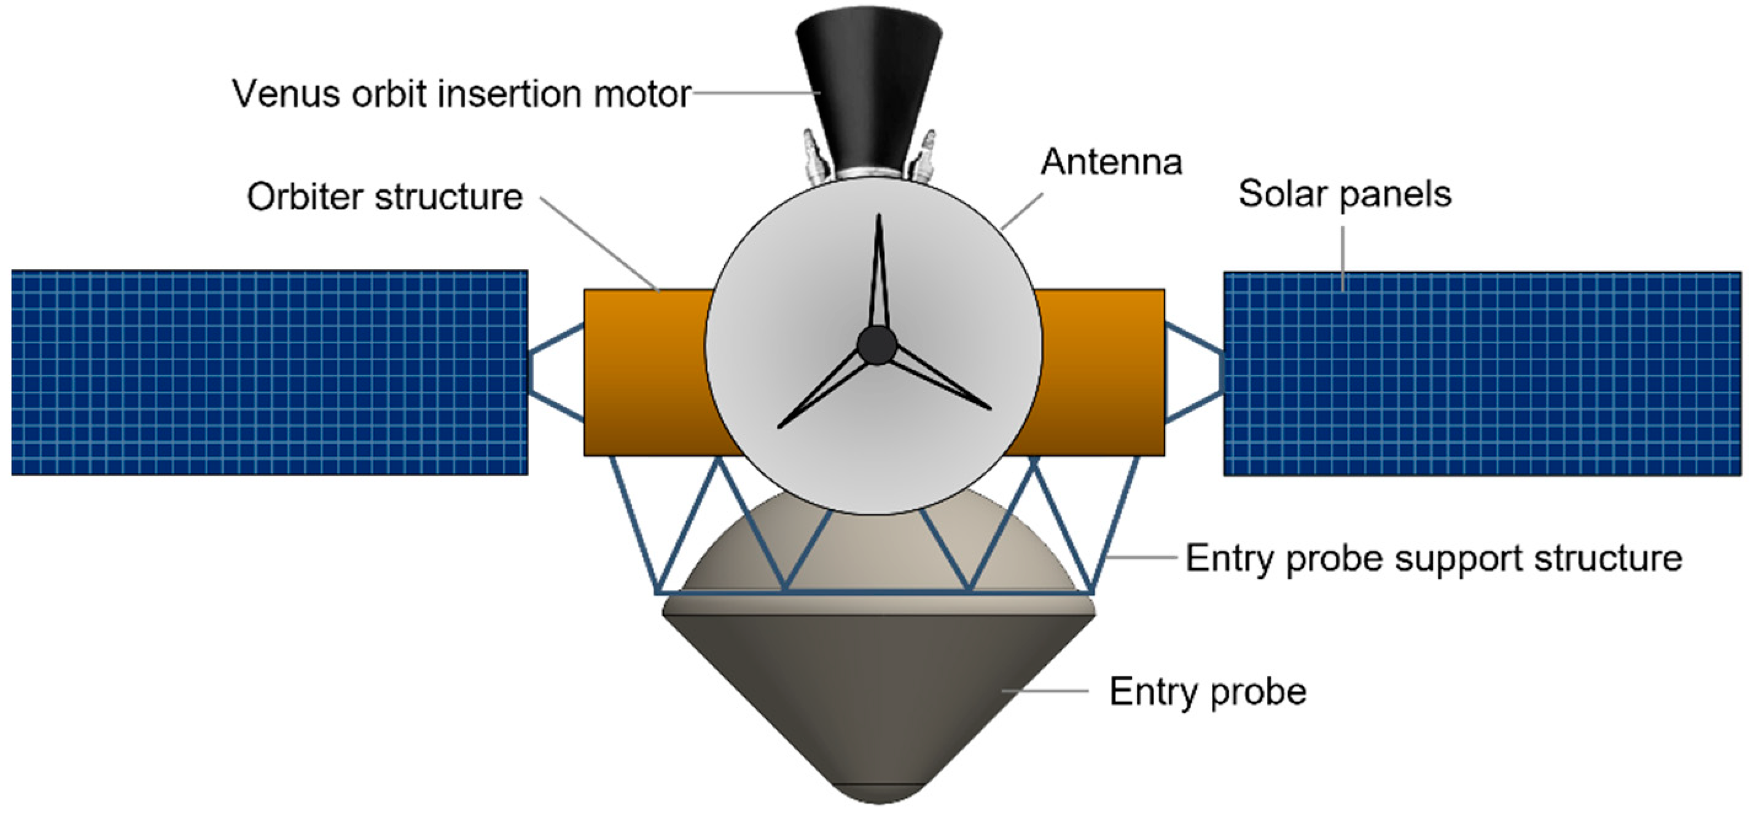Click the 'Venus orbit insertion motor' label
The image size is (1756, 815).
click(461, 93)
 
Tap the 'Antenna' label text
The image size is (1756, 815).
click(1111, 162)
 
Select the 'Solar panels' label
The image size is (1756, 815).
click(1344, 194)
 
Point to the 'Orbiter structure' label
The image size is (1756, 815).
click(384, 197)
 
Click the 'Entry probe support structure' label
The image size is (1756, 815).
click(1434, 559)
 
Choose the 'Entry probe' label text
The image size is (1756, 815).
click(1208, 691)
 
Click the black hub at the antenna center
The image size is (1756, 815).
click(876, 345)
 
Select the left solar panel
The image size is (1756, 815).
click(269, 372)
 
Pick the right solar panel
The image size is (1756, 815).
click(1482, 374)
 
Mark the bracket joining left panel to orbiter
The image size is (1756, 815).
click(556, 372)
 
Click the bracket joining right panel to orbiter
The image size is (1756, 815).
click(1194, 372)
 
